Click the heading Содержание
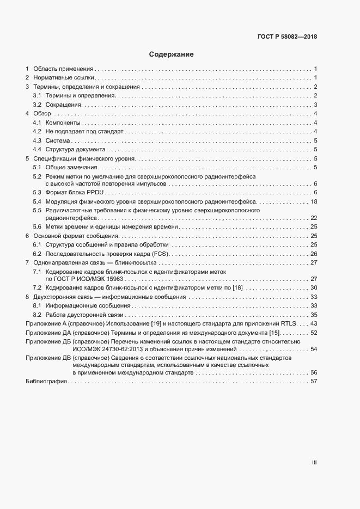click(x=172, y=54)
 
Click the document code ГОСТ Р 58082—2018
click(x=287, y=37)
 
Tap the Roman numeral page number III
click(x=314, y=462)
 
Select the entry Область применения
click(x=64, y=69)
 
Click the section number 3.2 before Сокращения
click(x=37, y=105)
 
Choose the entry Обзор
click(x=42, y=113)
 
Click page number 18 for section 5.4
click(x=314, y=201)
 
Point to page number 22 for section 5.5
click(x=314, y=218)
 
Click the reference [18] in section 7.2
click(x=237, y=287)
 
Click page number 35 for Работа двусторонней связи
click(x=314, y=315)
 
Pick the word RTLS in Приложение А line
click(x=287, y=324)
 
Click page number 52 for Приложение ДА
click(x=314, y=333)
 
